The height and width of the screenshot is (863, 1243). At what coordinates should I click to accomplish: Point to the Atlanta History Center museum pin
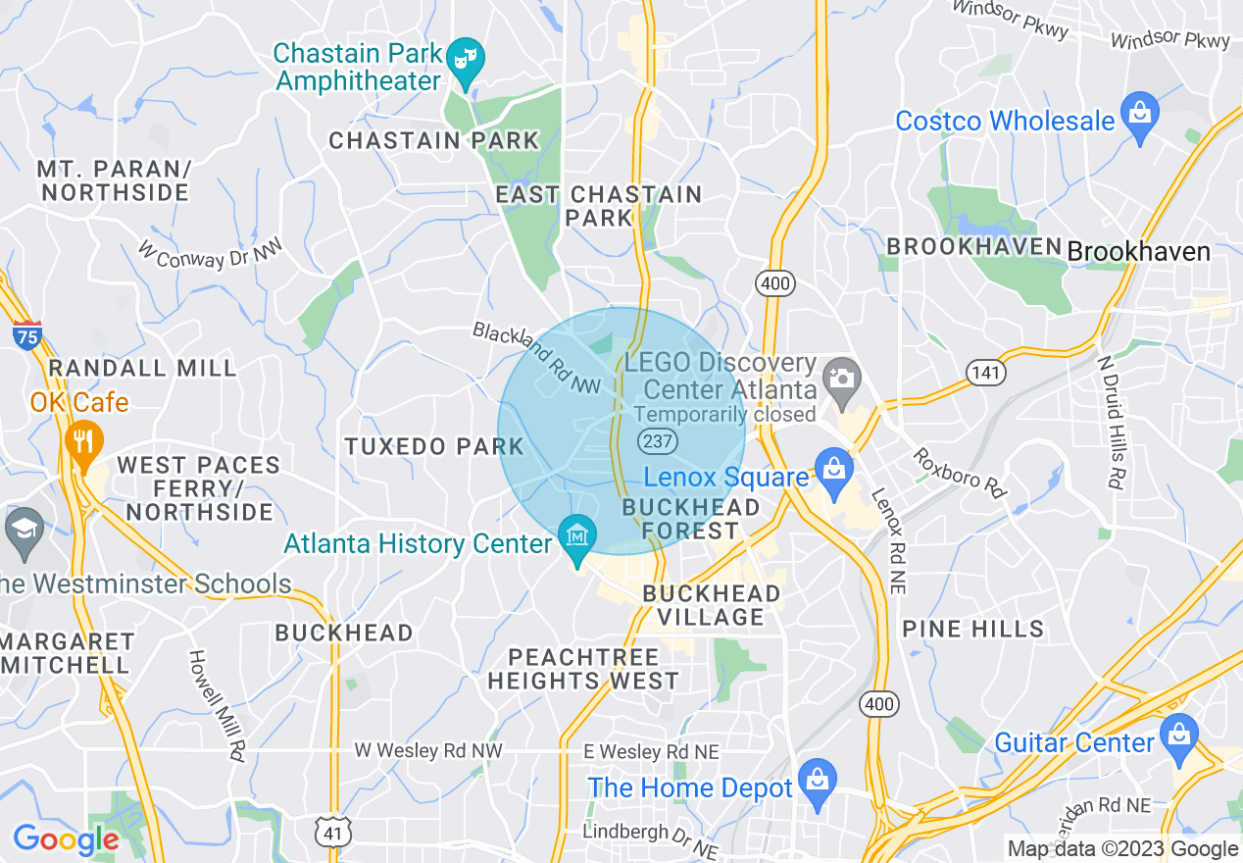(x=577, y=537)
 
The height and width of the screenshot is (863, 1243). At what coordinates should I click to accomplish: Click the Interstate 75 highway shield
(x=27, y=335)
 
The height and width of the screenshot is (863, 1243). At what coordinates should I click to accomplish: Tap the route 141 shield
(x=986, y=373)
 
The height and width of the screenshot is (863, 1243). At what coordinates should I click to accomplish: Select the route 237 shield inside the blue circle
(x=659, y=440)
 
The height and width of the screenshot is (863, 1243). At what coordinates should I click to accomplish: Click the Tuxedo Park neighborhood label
(x=434, y=447)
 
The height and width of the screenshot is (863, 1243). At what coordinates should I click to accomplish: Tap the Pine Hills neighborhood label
(x=972, y=629)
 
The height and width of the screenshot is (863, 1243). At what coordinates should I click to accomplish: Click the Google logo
(x=66, y=840)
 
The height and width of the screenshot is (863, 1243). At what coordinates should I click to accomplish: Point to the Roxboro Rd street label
(x=961, y=473)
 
